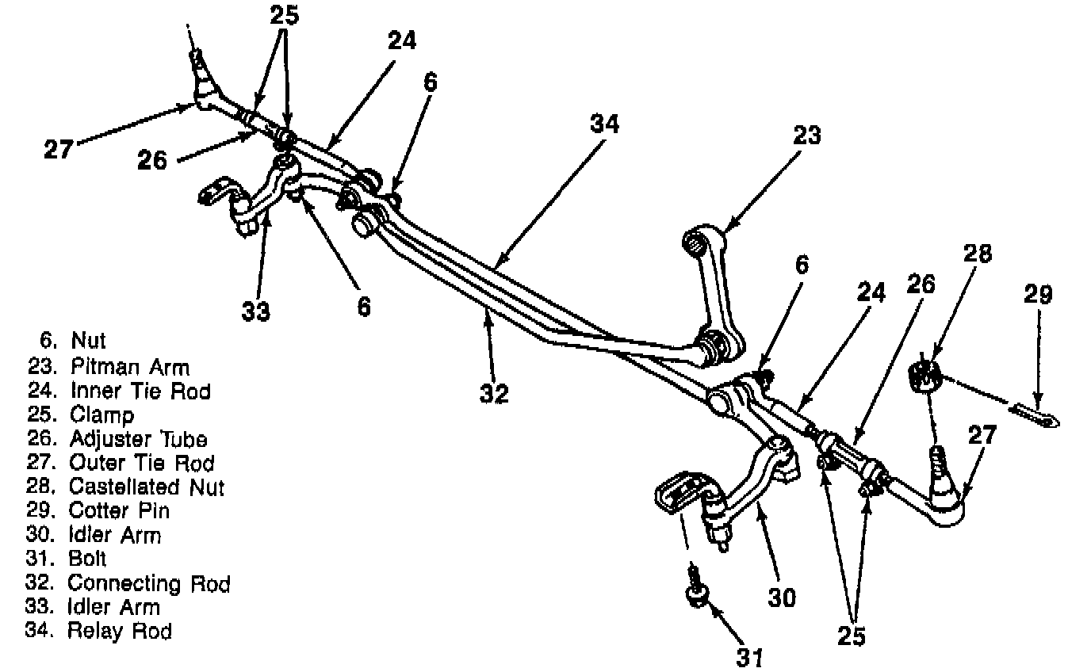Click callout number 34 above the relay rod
[605, 124]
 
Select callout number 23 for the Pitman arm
[808, 136]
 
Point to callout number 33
[257, 311]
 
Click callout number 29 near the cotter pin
[1037, 295]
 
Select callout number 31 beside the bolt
[750, 657]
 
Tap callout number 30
[782, 596]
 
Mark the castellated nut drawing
[923, 374]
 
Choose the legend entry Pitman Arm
[129, 367]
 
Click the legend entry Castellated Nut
[146, 486]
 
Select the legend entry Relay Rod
[119, 631]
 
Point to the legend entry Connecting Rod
[148, 583]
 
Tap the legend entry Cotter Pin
[119, 510]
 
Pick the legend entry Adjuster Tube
[138, 438]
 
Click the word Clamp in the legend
[101, 414]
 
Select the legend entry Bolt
[87, 559]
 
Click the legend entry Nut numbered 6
[88, 342]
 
